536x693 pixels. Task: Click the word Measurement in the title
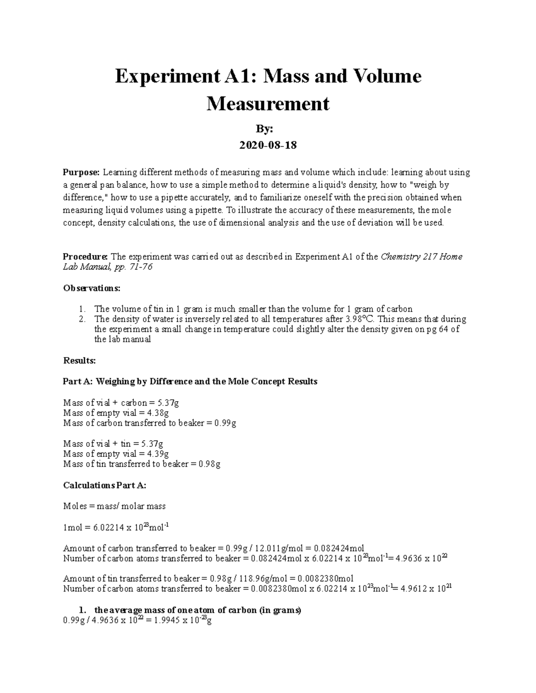tap(268, 104)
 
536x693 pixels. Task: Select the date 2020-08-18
tap(268, 145)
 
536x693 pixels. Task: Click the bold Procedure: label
tap(85, 257)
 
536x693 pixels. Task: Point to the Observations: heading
tap(92, 288)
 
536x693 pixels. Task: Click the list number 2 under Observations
tap(82, 319)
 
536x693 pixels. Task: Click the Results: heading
tap(80, 360)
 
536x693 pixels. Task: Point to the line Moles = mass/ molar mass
tap(114, 506)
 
